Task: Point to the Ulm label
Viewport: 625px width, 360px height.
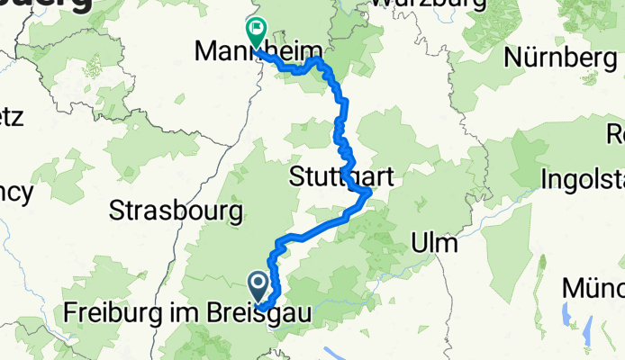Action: [434, 243]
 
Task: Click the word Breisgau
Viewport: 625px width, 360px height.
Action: [257, 314]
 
